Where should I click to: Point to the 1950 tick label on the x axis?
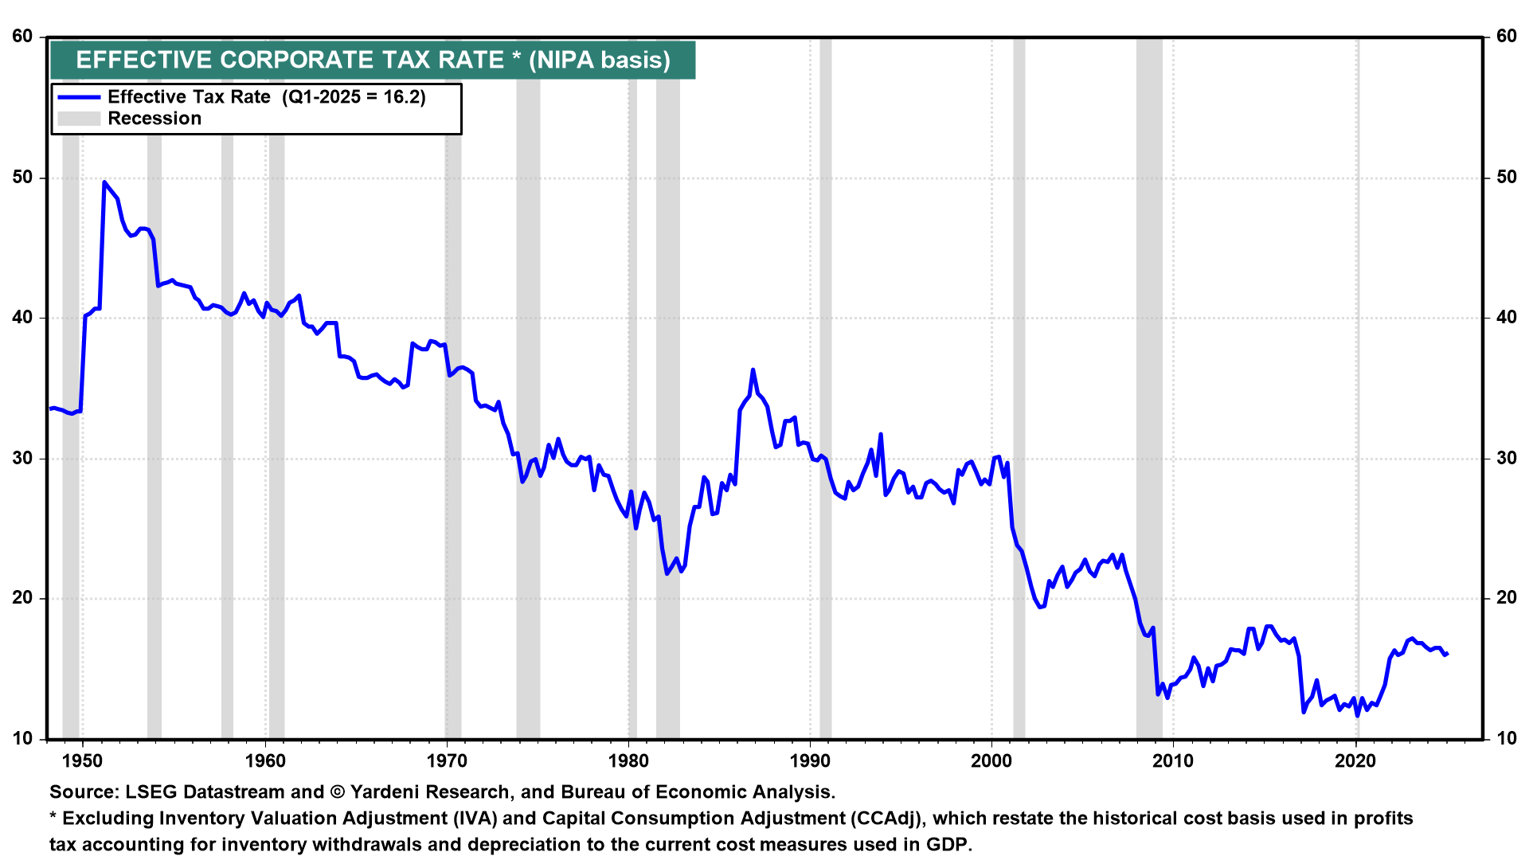click(x=83, y=760)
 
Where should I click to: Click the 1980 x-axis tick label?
click(x=628, y=760)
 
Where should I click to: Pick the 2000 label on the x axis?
click(x=991, y=760)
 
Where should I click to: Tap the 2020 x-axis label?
click(x=1355, y=760)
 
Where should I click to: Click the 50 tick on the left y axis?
click(x=23, y=177)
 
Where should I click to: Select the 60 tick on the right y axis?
click(x=1506, y=37)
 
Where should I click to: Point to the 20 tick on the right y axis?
click(x=1506, y=598)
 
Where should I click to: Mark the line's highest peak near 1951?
click(x=104, y=182)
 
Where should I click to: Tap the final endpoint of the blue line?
click(x=1447, y=654)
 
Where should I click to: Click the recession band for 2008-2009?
click(x=1149, y=398)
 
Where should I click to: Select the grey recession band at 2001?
click(x=1019, y=398)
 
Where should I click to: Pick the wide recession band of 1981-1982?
click(x=668, y=398)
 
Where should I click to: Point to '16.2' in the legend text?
click(x=404, y=97)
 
